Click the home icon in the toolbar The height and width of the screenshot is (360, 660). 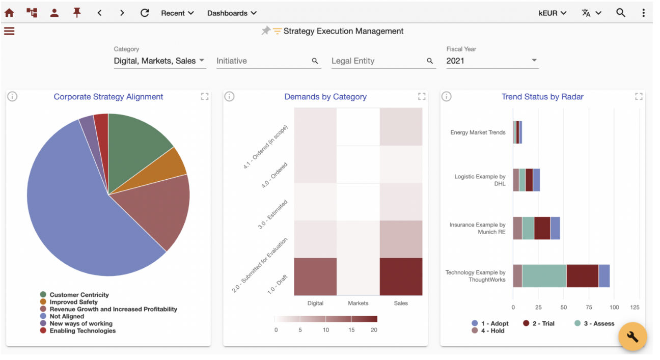click(10, 13)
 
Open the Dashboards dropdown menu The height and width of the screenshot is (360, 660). click(232, 13)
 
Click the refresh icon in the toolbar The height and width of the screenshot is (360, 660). click(145, 13)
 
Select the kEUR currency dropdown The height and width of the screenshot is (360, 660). click(553, 13)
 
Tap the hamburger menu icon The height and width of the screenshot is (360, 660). click(9, 31)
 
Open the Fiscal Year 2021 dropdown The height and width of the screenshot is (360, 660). click(492, 61)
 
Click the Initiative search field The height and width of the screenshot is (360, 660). click(268, 61)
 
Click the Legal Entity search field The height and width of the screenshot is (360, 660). click(383, 61)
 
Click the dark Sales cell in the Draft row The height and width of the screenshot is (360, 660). click(401, 276)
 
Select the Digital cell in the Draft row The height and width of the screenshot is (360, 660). click(315, 276)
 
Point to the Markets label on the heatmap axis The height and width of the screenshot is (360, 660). click(358, 303)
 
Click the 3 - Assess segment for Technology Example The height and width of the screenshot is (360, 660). click(544, 276)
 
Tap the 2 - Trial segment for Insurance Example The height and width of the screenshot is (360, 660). click(542, 228)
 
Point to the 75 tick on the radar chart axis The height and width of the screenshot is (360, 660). click(589, 307)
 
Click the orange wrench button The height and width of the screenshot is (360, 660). click(632, 337)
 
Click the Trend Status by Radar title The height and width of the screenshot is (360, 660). click(542, 97)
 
